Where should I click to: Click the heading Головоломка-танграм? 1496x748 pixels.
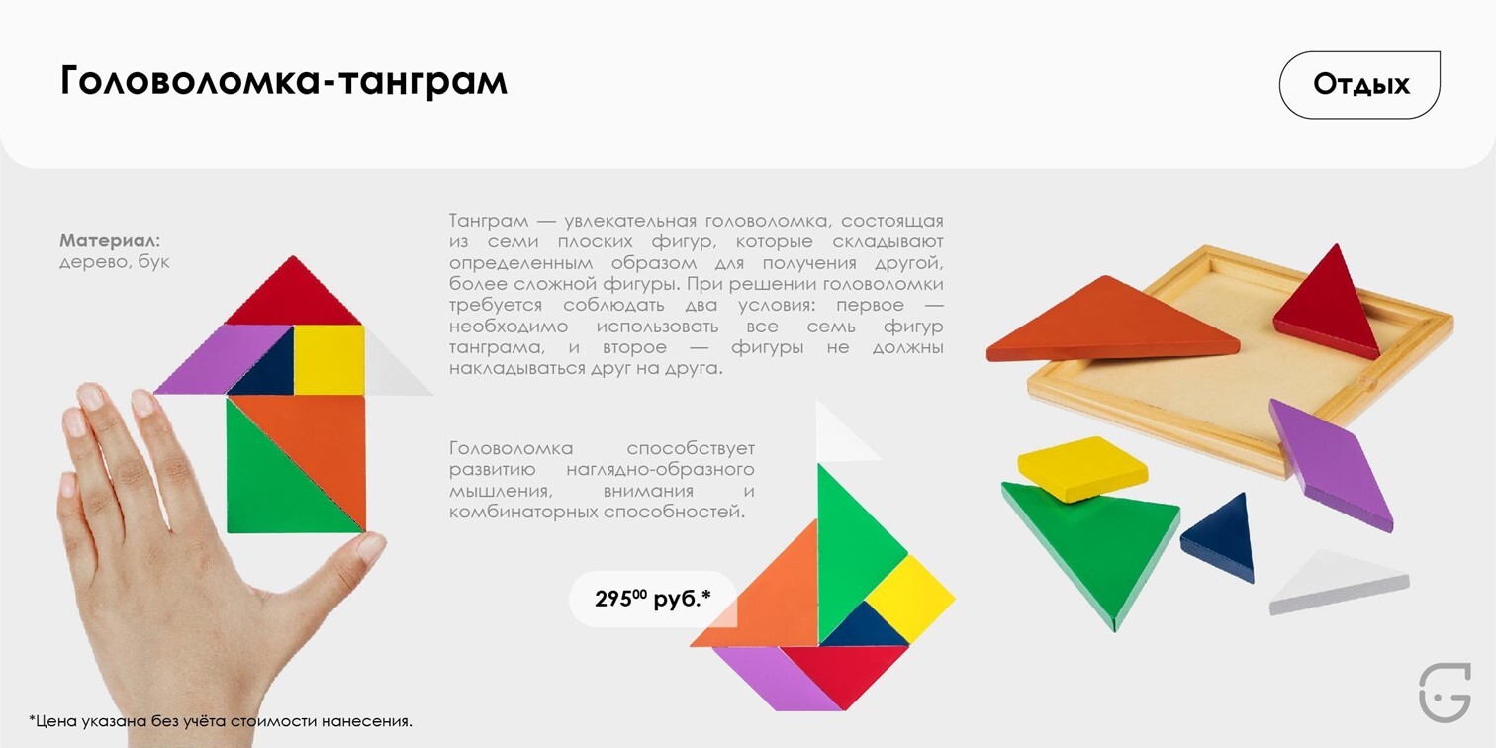click(x=284, y=82)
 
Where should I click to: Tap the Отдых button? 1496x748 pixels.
click(x=1359, y=85)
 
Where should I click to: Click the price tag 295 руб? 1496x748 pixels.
click(x=652, y=599)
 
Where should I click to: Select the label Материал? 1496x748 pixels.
click(x=110, y=239)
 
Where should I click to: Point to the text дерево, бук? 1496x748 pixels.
click(x=114, y=261)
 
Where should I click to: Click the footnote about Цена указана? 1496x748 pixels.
click(x=221, y=721)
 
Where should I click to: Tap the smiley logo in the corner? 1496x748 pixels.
click(x=1445, y=692)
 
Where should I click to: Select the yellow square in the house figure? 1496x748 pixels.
click(x=329, y=360)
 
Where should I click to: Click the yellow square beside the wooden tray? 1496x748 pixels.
click(x=1082, y=467)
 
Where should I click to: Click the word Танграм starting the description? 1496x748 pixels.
click(x=489, y=221)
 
